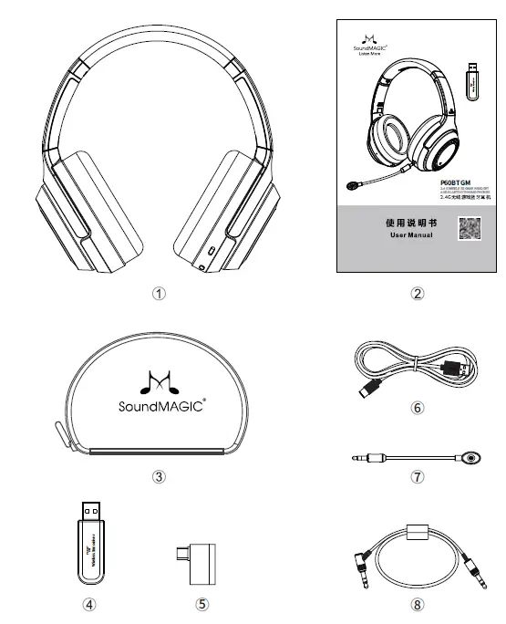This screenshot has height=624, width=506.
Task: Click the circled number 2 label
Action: click(x=418, y=294)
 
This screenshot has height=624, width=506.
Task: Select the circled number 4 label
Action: click(x=89, y=603)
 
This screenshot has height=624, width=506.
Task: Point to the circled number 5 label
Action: click(x=202, y=603)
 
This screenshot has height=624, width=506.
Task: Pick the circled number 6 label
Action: click(x=418, y=408)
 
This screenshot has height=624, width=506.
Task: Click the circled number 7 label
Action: click(x=418, y=475)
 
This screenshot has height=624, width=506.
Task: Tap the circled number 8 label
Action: click(x=418, y=603)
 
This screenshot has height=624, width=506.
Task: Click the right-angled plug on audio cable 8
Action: click(x=363, y=557)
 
